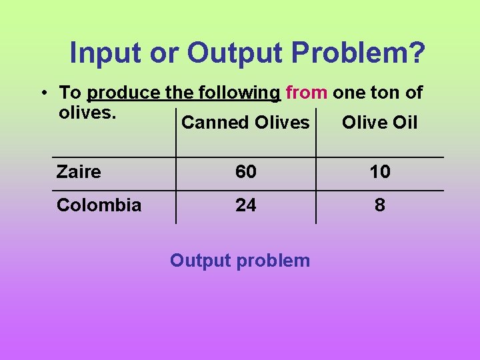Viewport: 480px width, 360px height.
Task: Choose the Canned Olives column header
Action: [x=245, y=123]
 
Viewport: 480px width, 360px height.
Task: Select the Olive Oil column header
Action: [x=379, y=123]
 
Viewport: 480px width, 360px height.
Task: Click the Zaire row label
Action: [x=79, y=172]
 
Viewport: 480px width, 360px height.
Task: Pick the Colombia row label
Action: [x=99, y=205]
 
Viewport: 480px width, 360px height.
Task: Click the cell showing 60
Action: [x=245, y=172]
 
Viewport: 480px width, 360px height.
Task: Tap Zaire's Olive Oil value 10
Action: [x=380, y=172]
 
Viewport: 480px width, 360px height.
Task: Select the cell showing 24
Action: [x=245, y=205]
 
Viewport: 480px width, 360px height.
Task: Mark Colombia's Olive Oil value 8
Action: [x=380, y=205]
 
